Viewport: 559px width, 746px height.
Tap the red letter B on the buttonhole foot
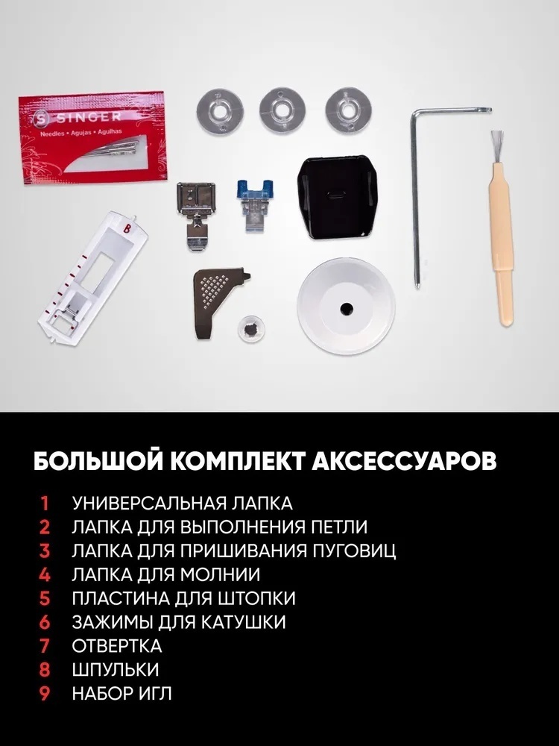[x=126, y=228]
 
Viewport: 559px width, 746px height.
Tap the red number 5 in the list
[x=44, y=598]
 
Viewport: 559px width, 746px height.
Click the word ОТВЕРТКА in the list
[x=117, y=645]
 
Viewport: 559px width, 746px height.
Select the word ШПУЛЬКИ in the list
[x=116, y=669]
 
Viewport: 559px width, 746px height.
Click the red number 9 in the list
[x=44, y=693]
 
